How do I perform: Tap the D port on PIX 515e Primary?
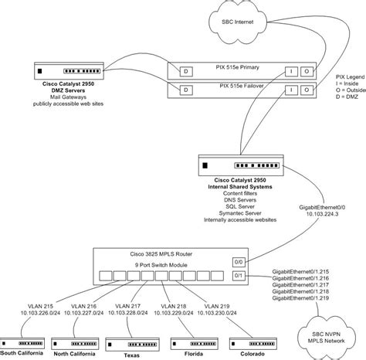coord(185,72)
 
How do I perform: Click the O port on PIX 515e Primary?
coord(306,72)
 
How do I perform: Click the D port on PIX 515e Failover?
coord(185,91)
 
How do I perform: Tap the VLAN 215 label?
coord(37,307)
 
